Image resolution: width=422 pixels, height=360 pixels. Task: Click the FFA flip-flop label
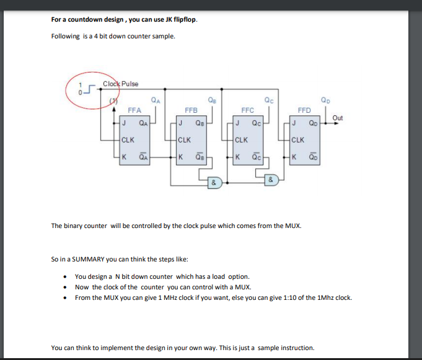click(x=134, y=110)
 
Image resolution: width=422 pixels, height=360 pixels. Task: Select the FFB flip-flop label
click(x=191, y=110)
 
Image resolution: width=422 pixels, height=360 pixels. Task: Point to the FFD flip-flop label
click(x=304, y=110)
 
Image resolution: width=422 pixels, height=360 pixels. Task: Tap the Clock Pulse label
click(x=121, y=84)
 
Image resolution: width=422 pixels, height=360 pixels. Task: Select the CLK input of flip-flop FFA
click(x=129, y=139)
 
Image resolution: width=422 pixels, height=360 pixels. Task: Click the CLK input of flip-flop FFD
click(x=298, y=139)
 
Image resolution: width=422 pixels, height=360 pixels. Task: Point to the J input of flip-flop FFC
click(x=238, y=122)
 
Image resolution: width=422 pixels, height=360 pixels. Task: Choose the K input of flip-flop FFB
click(x=180, y=157)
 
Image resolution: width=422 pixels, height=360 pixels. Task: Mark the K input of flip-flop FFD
click(x=294, y=157)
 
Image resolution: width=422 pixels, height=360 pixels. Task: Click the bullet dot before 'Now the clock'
click(x=66, y=287)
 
